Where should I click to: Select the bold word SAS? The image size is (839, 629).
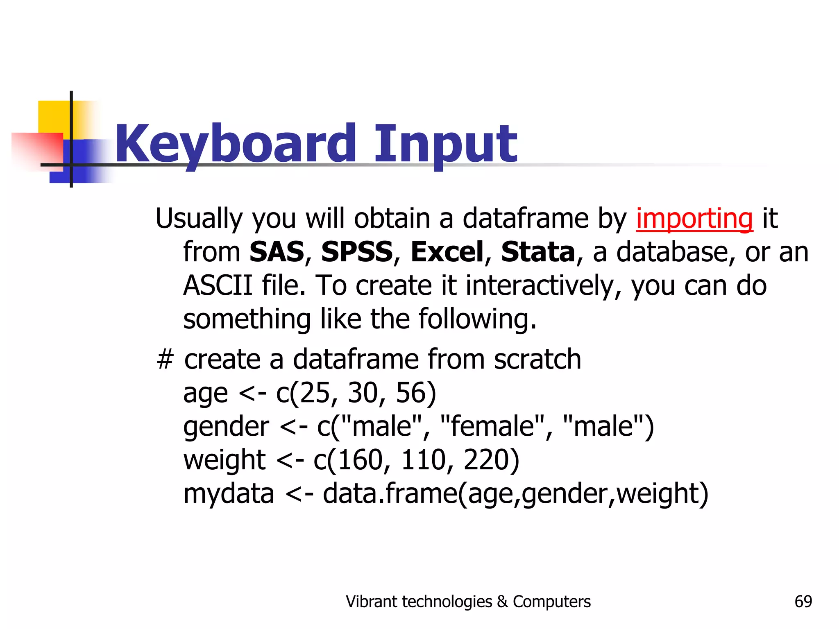pos(277,252)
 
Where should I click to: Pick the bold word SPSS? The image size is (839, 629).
pos(357,252)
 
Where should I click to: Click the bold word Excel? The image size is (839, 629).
pos(447,252)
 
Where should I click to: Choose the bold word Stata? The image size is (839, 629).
pos(538,252)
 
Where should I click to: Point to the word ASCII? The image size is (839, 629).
pos(218,285)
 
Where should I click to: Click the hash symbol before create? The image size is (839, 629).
pos(165,360)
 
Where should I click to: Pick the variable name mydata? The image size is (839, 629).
pos(229,494)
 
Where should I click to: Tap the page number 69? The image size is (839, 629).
pos(803,602)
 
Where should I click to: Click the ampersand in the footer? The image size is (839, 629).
pos(502,602)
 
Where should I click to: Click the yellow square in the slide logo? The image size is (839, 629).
pos(53,117)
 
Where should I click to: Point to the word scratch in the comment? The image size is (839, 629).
pos(537,360)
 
